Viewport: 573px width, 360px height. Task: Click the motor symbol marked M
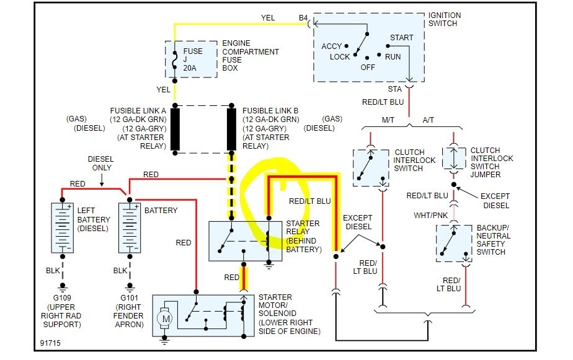(166, 318)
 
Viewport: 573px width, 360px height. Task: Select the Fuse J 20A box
(191, 59)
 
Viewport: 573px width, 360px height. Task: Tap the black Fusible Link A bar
(175, 129)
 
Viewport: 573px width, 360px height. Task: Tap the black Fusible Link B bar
(232, 129)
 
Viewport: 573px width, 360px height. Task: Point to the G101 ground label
(130, 297)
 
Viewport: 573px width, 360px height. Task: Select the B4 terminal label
(303, 18)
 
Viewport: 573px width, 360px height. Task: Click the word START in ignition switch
(401, 38)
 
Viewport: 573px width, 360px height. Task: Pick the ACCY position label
(332, 46)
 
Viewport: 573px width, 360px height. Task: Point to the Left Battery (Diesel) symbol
(62, 227)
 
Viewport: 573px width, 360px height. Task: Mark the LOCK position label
(340, 57)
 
